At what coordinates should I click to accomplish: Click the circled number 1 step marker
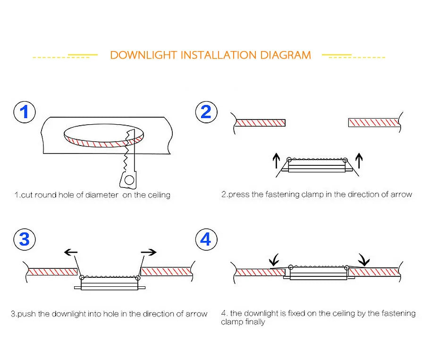point(24,112)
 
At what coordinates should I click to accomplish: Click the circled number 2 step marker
point(206,112)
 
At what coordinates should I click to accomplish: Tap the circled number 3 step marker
point(24,240)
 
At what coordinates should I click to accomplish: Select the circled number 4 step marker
point(206,240)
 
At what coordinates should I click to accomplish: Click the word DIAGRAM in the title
point(286,55)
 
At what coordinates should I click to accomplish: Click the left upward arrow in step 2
point(276,161)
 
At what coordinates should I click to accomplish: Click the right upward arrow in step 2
point(359,161)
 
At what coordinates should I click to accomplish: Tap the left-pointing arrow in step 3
point(71,252)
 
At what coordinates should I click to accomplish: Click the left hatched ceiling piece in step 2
point(261,123)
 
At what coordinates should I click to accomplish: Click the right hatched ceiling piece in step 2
point(373,123)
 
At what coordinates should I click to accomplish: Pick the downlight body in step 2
point(315,166)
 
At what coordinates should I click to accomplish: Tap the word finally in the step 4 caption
point(254,322)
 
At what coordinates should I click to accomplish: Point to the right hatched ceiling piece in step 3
point(166,271)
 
